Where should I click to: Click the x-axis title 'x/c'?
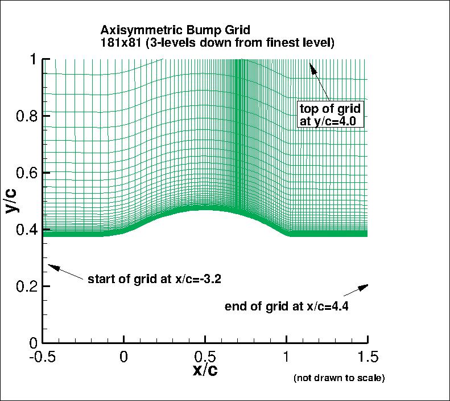[205, 370]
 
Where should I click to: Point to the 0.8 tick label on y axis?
[26, 116]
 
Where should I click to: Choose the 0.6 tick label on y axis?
[26, 173]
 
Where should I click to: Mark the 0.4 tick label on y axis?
[26, 230]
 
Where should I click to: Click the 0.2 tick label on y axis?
[26, 286]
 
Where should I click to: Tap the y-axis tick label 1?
[33, 59]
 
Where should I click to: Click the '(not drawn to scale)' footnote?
[339, 378]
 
